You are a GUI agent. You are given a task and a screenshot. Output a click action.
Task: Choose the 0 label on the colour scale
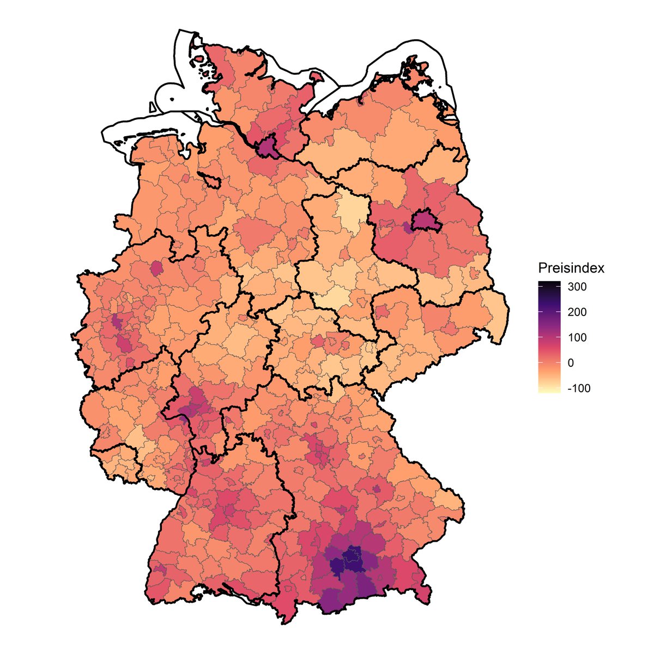tap(570, 363)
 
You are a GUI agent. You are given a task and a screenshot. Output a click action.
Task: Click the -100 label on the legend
tap(578, 389)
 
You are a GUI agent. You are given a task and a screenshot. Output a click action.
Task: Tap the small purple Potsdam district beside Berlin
tap(408, 227)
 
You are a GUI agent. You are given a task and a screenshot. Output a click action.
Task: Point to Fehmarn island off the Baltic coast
tap(315, 78)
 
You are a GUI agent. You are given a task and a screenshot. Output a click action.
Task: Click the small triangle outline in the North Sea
tap(152, 107)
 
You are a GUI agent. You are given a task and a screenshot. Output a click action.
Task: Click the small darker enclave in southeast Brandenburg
tap(451, 328)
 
